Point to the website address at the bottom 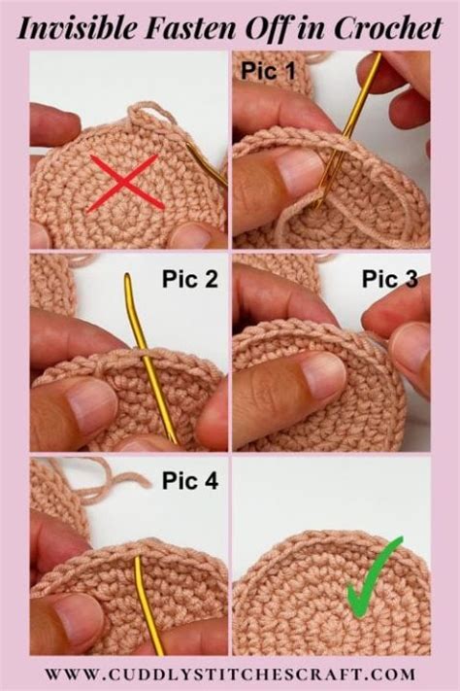point(230,673)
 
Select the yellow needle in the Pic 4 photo point(146,603)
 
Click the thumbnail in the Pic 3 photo point(320,374)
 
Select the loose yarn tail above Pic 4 point(107,477)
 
